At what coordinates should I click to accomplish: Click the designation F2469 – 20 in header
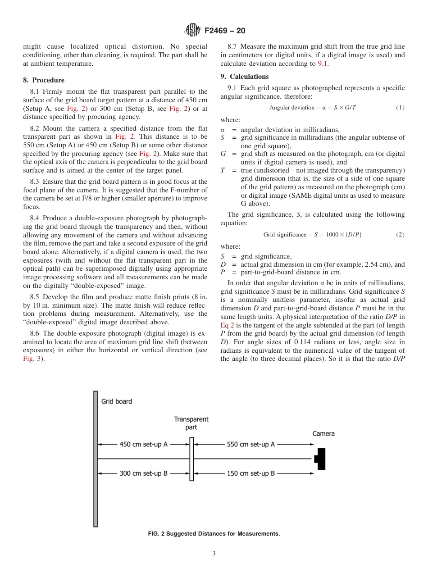(225, 31)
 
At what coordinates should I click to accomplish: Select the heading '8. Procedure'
(44, 80)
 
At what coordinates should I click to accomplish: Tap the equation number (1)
(400, 108)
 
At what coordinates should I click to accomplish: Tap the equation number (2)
(400, 235)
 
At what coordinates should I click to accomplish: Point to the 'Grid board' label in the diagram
(117, 401)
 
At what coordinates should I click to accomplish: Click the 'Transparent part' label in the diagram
(191, 423)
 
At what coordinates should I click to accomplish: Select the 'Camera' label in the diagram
(323, 434)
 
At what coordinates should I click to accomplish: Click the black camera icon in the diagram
(320, 459)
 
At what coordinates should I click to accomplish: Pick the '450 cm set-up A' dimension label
(143, 445)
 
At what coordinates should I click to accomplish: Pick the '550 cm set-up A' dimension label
(250, 445)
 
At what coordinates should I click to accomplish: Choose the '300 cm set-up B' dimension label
(143, 473)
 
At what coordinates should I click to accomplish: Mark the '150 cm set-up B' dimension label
(250, 473)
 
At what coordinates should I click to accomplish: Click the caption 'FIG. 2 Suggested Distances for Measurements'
(214, 534)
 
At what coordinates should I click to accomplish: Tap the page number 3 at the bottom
(214, 554)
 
